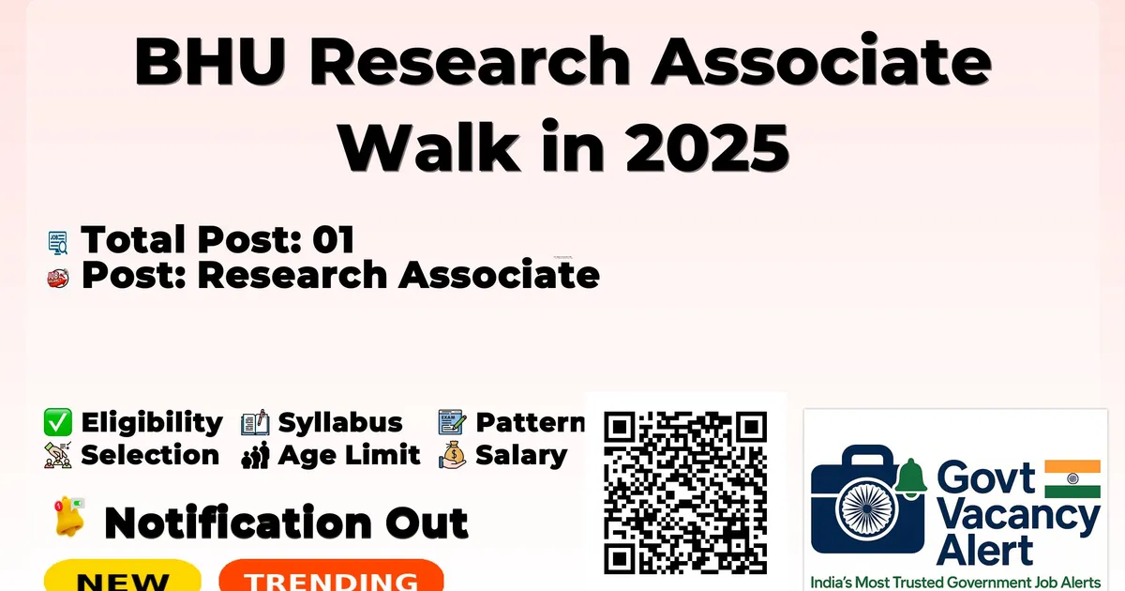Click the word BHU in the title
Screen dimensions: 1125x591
210,61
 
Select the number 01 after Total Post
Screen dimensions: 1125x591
333,239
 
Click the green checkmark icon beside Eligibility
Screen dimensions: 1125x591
58,422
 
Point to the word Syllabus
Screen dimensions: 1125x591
340,423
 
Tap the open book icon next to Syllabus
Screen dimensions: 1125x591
255,422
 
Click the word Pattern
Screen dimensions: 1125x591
531,422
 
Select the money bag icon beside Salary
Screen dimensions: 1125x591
453,455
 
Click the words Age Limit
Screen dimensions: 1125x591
349,455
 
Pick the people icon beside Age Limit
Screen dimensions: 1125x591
255,455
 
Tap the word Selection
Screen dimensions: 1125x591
150,455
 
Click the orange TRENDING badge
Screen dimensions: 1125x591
332,577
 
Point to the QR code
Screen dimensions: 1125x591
685,492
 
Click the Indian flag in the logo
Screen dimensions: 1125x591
1072,479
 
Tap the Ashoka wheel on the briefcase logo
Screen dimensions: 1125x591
867,508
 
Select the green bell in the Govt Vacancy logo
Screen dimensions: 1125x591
910,477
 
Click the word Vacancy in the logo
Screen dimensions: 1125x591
1018,517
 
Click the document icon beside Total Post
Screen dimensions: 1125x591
58,242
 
